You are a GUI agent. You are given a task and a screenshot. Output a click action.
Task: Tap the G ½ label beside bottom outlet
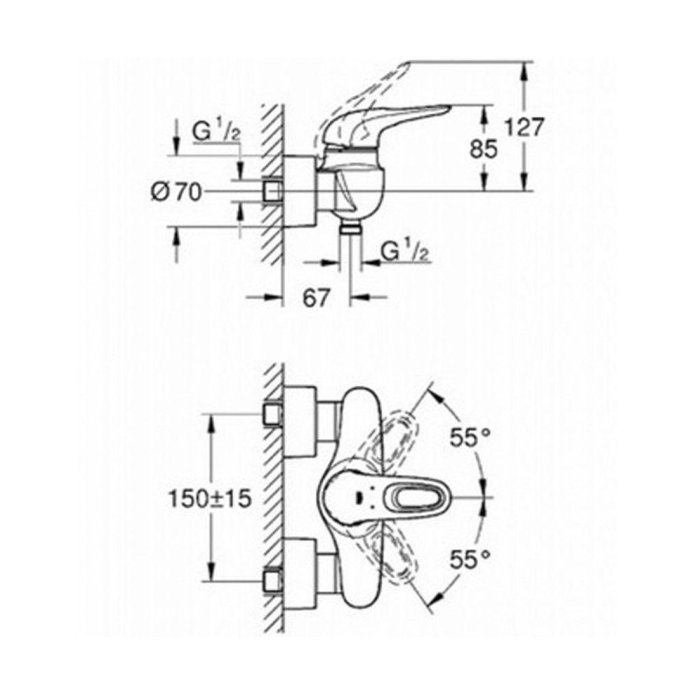tap(405, 252)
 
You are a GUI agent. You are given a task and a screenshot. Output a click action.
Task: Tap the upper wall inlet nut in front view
tap(272, 416)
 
